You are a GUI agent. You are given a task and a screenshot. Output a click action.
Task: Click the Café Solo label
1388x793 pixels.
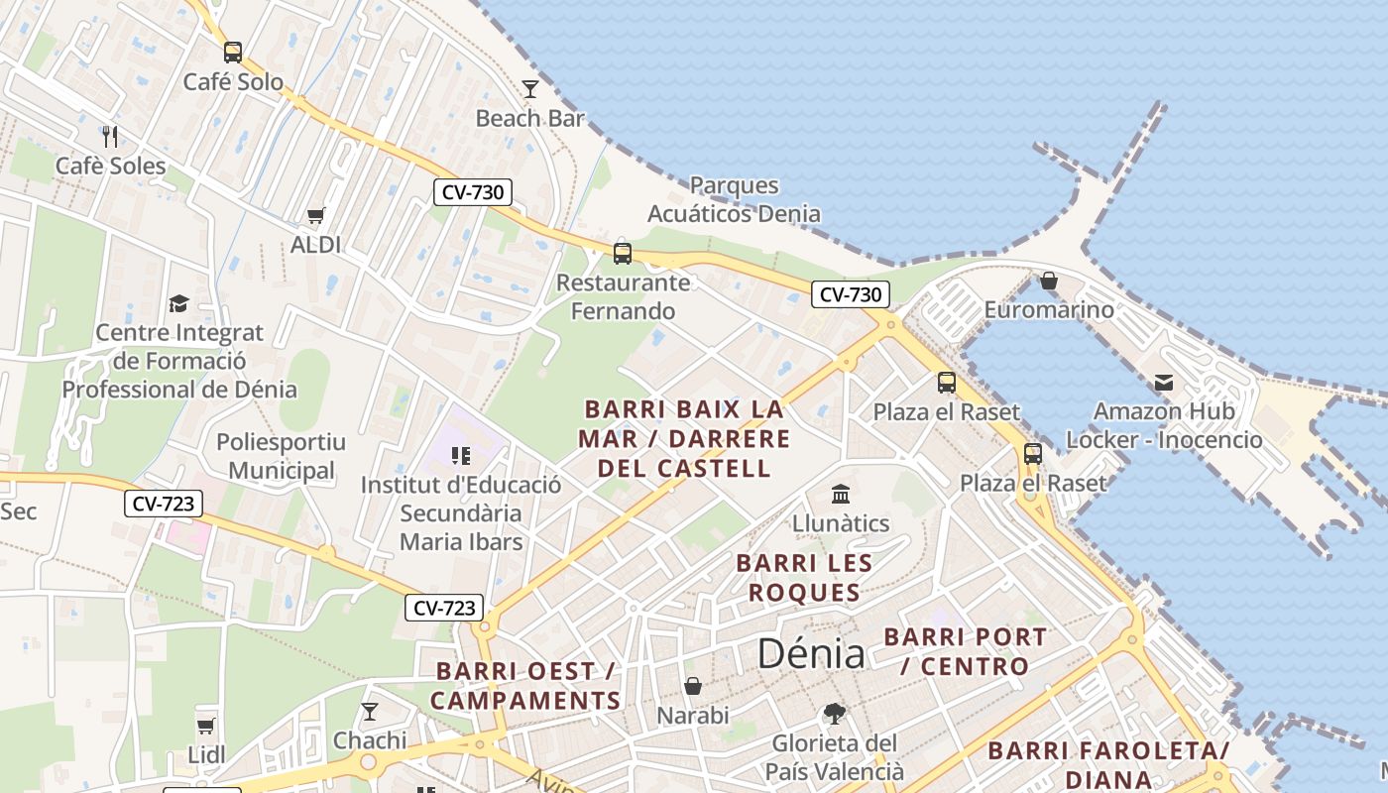pyautogui.click(x=233, y=82)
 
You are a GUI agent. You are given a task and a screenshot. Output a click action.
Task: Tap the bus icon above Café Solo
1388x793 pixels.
pyautogui.click(x=233, y=52)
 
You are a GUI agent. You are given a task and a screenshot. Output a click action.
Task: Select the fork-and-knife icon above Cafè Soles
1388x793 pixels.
pyautogui.click(x=110, y=136)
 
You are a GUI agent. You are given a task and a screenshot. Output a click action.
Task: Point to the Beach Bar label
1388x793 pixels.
pyautogui.click(x=530, y=119)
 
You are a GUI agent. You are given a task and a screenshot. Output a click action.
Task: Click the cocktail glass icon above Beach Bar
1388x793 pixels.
pyautogui.click(x=530, y=89)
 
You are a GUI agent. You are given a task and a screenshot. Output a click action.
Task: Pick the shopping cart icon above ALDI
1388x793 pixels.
pyautogui.click(x=316, y=215)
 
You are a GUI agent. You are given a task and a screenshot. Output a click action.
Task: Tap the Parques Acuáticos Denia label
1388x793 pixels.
pyautogui.click(x=734, y=199)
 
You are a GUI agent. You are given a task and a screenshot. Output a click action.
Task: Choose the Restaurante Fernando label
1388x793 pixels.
pyautogui.click(x=623, y=296)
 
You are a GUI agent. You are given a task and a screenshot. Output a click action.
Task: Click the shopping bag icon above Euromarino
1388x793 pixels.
pyautogui.click(x=1049, y=281)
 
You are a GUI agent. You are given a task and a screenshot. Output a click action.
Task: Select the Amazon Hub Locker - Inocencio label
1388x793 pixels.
pyautogui.click(x=1164, y=425)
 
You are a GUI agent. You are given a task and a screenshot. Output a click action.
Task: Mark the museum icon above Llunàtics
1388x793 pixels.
pyautogui.click(x=841, y=494)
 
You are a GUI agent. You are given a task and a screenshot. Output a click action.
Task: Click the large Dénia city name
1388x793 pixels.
pyautogui.click(x=811, y=653)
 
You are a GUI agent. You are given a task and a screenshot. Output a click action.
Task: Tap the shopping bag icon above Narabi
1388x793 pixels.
pyautogui.click(x=693, y=686)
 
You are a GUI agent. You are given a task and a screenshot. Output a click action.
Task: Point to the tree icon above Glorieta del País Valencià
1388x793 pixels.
pyautogui.click(x=834, y=713)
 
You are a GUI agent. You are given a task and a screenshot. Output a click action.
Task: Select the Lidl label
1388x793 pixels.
pyautogui.click(x=206, y=755)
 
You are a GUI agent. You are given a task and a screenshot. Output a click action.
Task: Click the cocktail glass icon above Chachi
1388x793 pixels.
pyautogui.click(x=370, y=711)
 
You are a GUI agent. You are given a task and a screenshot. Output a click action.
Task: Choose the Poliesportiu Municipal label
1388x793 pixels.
pyautogui.click(x=281, y=456)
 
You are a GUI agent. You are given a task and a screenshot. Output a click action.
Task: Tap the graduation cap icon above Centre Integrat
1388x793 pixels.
pyautogui.click(x=178, y=303)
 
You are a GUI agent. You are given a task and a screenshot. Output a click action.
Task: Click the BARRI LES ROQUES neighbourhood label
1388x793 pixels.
pyautogui.click(x=804, y=578)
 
